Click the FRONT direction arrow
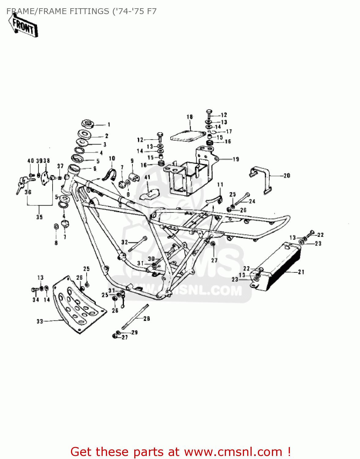coord(23,26)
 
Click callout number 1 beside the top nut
coord(109,125)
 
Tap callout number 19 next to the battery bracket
coord(236,159)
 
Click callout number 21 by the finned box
coord(301,272)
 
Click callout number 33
coord(40,321)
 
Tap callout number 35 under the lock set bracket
coord(39,217)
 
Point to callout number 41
coord(147,177)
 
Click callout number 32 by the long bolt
coord(124,242)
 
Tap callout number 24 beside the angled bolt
coord(252,201)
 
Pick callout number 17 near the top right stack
coord(229,131)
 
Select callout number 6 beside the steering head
coord(95,169)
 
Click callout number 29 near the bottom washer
coord(135,332)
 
